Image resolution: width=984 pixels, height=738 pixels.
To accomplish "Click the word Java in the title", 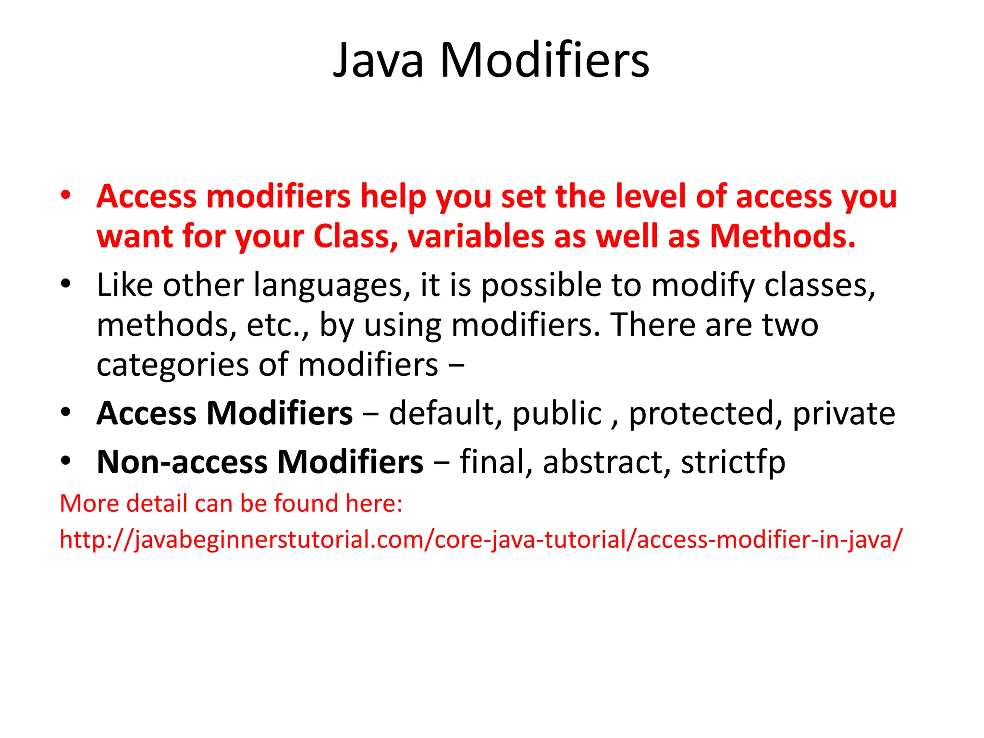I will click(379, 61).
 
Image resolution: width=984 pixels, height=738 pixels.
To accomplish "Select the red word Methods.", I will click(783, 236).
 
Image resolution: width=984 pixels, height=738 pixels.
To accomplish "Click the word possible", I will click(541, 286).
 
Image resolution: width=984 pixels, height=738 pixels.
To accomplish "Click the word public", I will click(557, 413).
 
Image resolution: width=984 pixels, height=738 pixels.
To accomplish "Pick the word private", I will click(844, 413).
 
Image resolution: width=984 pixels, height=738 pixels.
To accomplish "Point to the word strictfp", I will click(733, 462).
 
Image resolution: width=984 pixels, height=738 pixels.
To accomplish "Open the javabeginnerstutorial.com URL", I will click(481, 540).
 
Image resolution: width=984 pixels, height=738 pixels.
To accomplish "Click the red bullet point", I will click(66, 195).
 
